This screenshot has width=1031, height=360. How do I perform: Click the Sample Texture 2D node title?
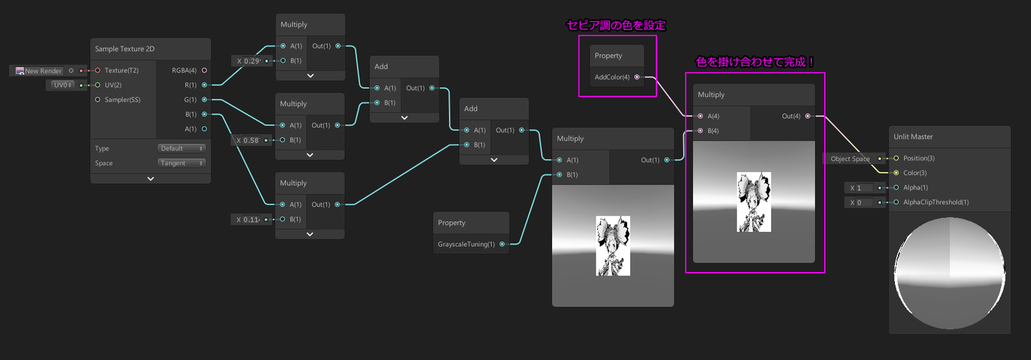125,49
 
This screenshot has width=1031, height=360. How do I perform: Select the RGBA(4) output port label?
184,70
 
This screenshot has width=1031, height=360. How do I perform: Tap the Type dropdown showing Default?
181,148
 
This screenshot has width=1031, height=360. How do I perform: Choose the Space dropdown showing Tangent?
181,163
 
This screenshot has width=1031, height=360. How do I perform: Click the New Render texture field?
39,71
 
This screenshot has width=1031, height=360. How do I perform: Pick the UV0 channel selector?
62,85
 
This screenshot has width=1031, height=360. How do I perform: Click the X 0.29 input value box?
251,61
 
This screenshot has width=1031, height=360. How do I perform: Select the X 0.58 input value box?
251,140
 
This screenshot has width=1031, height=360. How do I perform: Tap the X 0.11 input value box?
251,219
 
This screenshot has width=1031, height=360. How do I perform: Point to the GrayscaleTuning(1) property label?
466,245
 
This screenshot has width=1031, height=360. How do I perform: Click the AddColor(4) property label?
612,77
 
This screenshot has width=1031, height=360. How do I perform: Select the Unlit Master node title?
913,137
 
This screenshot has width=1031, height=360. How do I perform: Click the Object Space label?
850,159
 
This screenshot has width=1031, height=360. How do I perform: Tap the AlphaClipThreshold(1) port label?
936,203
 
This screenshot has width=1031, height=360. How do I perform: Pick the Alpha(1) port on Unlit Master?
896,188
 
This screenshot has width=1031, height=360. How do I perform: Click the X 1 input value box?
862,188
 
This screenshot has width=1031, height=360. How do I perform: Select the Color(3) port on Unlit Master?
896,173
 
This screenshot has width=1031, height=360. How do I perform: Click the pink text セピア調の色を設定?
616,26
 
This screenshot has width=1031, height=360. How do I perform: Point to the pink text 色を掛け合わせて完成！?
755,62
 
